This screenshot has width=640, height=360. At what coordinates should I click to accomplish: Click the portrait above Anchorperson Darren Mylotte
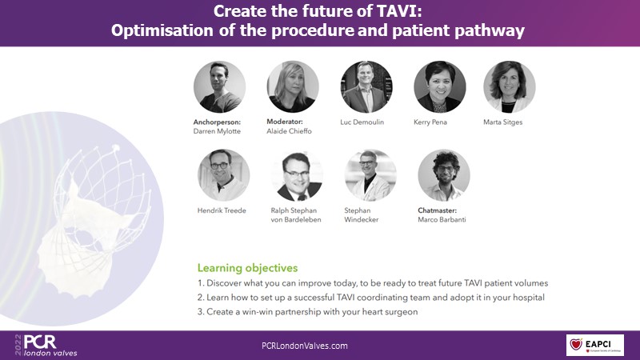(x=219, y=87)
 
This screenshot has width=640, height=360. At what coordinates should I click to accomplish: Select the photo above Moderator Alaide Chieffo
(x=293, y=87)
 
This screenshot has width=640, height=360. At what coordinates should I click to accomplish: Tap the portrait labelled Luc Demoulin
(x=366, y=87)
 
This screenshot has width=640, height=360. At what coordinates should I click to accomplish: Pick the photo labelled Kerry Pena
(x=440, y=87)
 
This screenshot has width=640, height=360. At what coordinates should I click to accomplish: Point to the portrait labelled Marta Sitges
(x=510, y=87)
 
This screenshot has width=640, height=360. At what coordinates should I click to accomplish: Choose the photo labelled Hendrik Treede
(x=224, y=175)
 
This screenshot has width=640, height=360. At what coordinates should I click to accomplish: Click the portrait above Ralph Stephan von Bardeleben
(x=297, y=175)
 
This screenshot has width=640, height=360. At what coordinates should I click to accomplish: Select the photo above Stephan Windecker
(x=370, y=175)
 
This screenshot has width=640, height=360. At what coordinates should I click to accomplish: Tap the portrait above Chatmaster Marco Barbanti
(x=444, y=175)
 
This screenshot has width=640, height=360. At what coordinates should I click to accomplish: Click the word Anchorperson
(x=217, y=122)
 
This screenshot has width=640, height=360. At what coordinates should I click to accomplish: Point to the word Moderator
(x=285, y=122)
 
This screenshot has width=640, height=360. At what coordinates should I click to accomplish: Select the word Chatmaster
(x=437, y=210)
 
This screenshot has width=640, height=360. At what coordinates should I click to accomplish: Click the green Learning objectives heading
(x=248, y=268)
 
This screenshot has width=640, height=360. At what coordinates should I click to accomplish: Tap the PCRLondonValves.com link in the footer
(x=305, y=346)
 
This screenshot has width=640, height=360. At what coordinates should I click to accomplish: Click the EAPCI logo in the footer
(x=595, y=345)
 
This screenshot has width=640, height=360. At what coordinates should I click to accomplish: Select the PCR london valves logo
(x=46, y=346)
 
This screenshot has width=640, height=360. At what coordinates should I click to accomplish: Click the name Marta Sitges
(x=503, y=122)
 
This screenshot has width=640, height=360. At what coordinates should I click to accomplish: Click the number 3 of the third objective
(x=200, y=312)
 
